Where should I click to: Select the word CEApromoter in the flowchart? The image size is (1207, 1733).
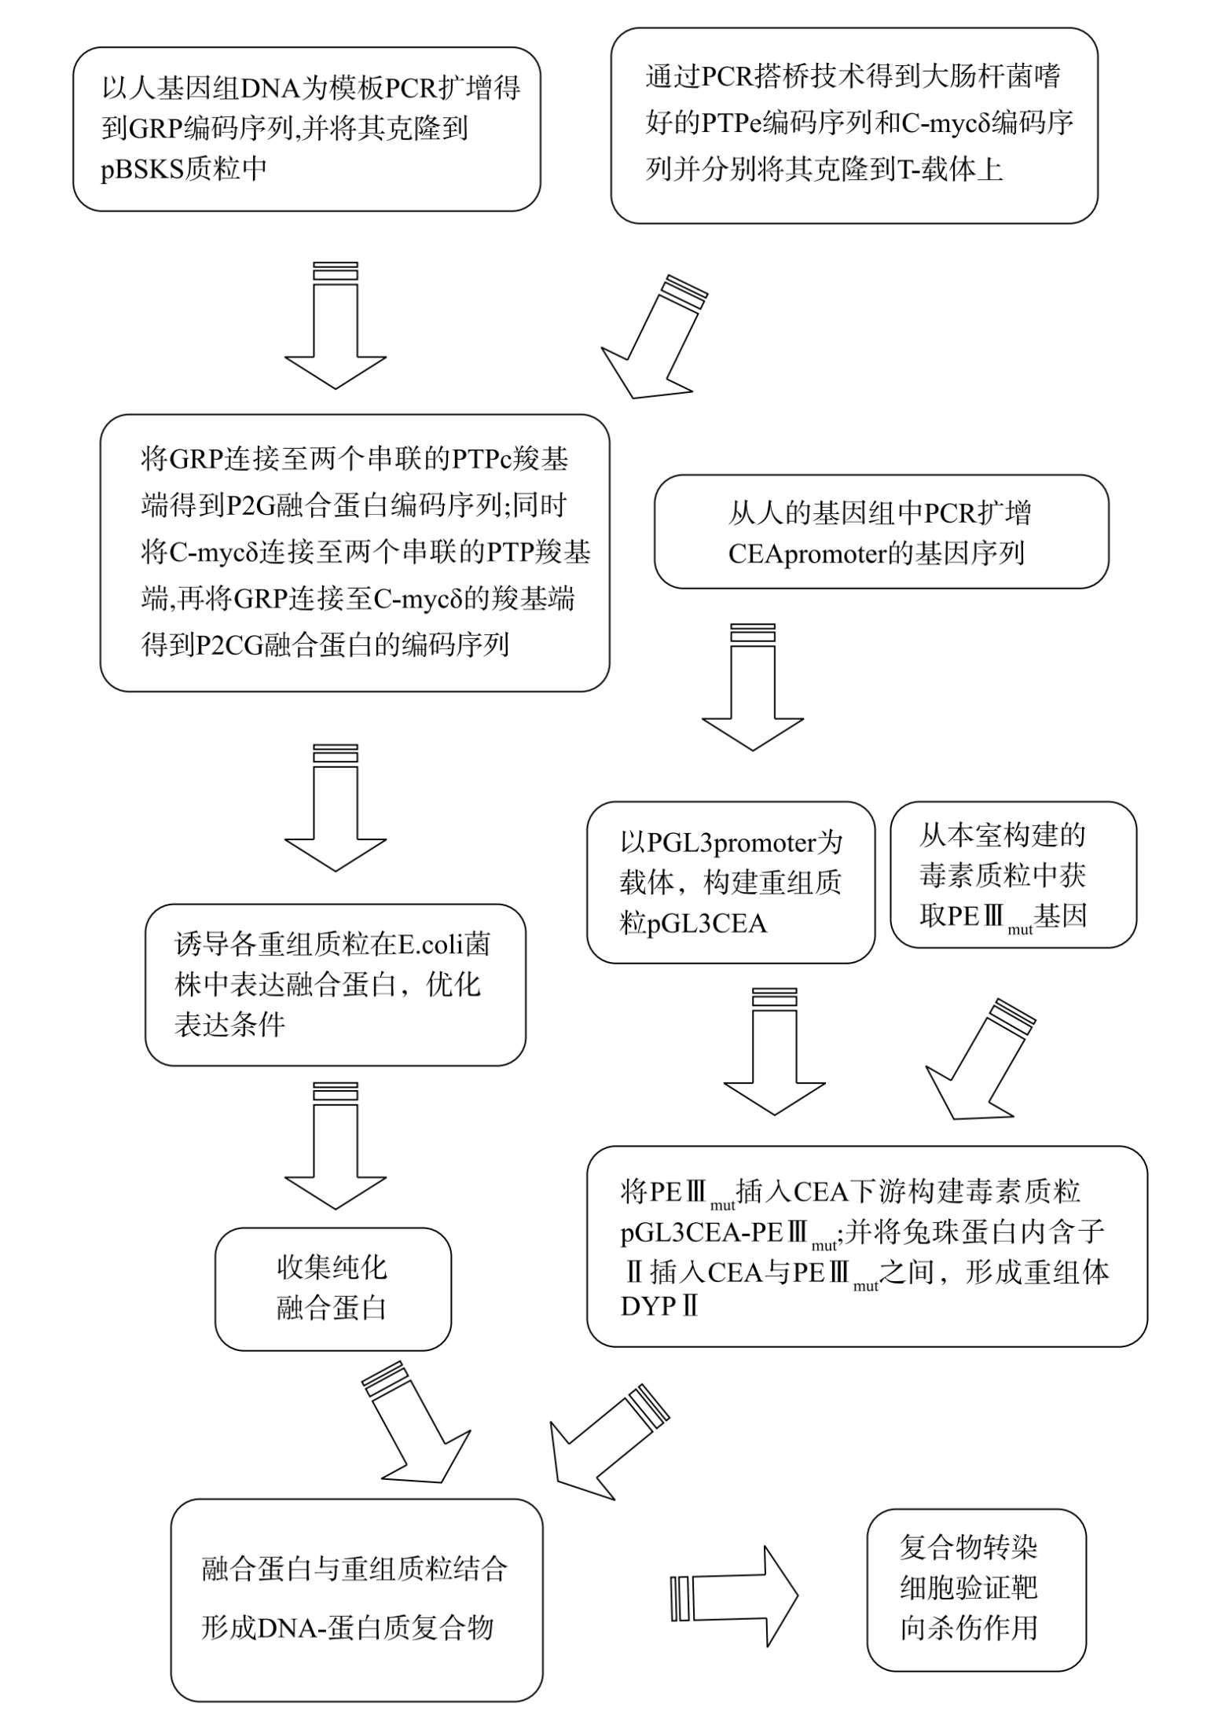(x=807, y=554)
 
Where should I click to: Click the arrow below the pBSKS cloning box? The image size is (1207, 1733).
(x=336, y=325)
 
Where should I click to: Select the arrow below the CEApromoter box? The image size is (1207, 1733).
(x=753, y=687)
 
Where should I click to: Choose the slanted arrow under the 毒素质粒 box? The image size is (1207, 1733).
(x=980, y=1059)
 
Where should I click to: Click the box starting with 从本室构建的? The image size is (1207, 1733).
(x=1013, y=875)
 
